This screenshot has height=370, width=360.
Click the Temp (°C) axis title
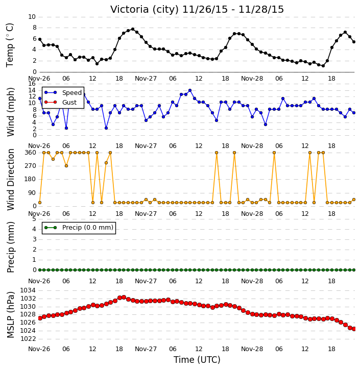click(10, 45)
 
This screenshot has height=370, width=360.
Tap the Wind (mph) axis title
click(10, 112)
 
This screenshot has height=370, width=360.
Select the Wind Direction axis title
click(10, 179)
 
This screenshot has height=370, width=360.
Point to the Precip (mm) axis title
click(10, 247)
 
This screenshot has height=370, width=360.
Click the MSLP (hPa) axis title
click(10, 315)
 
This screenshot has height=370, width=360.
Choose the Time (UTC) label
click(197, 360)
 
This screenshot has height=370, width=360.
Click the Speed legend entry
click(63, 92)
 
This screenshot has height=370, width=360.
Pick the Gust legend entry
click(60, 102)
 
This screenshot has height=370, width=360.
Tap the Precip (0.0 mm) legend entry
click(79, 228)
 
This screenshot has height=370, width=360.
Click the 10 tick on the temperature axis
click(32, 17)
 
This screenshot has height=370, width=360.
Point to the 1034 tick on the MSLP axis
click(28, 290)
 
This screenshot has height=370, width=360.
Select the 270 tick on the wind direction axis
click(31, 166)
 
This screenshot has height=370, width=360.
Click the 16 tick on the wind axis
click(32, 84)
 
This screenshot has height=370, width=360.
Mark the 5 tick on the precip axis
click(34, 219)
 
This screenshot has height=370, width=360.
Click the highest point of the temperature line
click(133, 29)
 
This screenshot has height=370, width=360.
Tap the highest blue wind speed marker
click(190, 90)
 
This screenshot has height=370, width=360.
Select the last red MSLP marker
click(354, 329)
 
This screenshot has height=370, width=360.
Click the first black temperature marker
click(40, 39)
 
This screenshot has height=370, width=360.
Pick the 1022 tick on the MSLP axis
click(28, 339)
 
